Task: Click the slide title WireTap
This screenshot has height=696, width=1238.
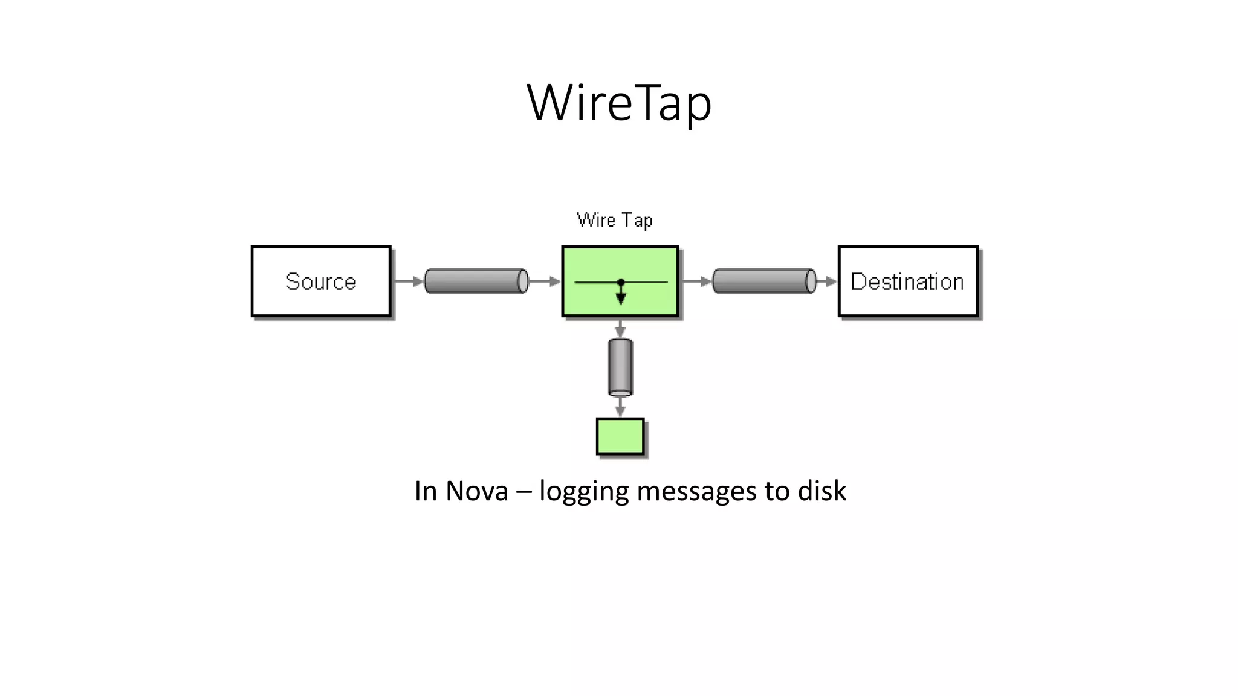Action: pos(619,103)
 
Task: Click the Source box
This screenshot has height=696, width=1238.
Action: pos(321,282)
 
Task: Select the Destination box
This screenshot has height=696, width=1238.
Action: pos(907,282)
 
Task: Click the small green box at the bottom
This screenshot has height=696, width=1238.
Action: pos(620,436)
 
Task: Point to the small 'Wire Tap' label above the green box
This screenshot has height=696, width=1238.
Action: pos(615,220)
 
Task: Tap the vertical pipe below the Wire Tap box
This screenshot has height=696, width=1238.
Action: pos(620,367)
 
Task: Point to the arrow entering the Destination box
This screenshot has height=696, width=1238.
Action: pos(828,282)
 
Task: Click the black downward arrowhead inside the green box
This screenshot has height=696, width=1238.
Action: pos(621,297)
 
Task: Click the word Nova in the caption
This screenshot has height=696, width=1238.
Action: pos(477,491)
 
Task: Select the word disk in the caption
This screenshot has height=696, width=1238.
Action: pos(822,491)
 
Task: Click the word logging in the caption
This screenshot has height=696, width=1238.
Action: pos(584,491)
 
